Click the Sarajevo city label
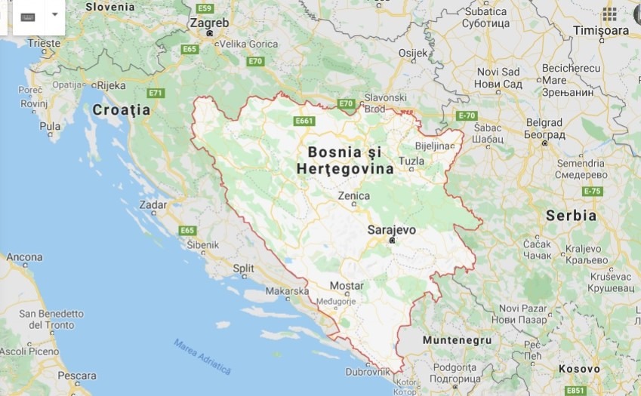click(x=391, y=229)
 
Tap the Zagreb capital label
click(x=209, y=23)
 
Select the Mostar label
click(x=347, y=286)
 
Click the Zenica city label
click(x=353, y=196)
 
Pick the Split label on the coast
click(x=243, y=268)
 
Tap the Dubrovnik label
click(x=368, y=372)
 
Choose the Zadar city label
click(x=153, y=204)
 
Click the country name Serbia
click(x=572, y=216)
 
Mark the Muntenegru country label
click(x=457, y=340)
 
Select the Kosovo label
click(x=579, y=369)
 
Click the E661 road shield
click(x=304, y=120)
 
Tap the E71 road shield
click(x=156, y=93)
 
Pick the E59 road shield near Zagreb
click(x=205, y=8)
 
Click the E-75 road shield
click(x=593, y=191)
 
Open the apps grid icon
click(x=609, y=14)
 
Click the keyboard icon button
click(x=28, y=17)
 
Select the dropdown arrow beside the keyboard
click(x=54, y=14)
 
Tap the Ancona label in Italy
click(x=24, y=257)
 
